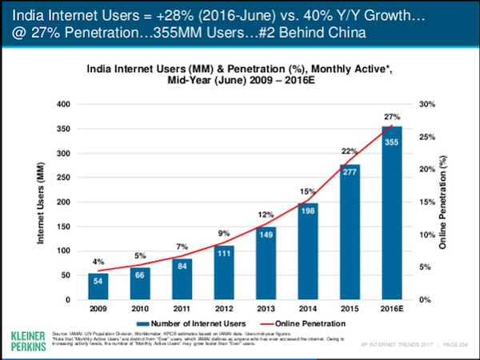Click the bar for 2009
click(98, 286)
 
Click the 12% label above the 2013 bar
click(265, 215)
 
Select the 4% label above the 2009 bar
click(98, 261)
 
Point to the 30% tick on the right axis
click(426, 104)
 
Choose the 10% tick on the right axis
click(426, 234)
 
